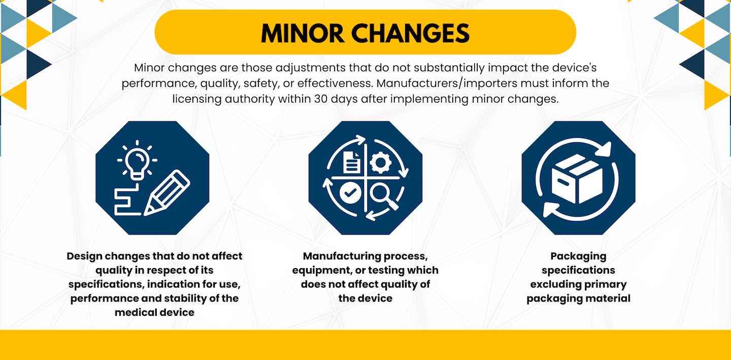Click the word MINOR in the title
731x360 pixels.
pos(303,34)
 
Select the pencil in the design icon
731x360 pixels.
pos(167,192)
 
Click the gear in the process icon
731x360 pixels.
pos(381,162)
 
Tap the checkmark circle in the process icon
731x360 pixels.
pos(350,193)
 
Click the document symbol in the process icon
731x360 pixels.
pos(352,162)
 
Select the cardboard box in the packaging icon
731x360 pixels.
pos(577,179)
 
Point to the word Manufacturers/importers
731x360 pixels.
pos(447,83)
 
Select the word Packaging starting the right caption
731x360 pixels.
pos(578,256)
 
